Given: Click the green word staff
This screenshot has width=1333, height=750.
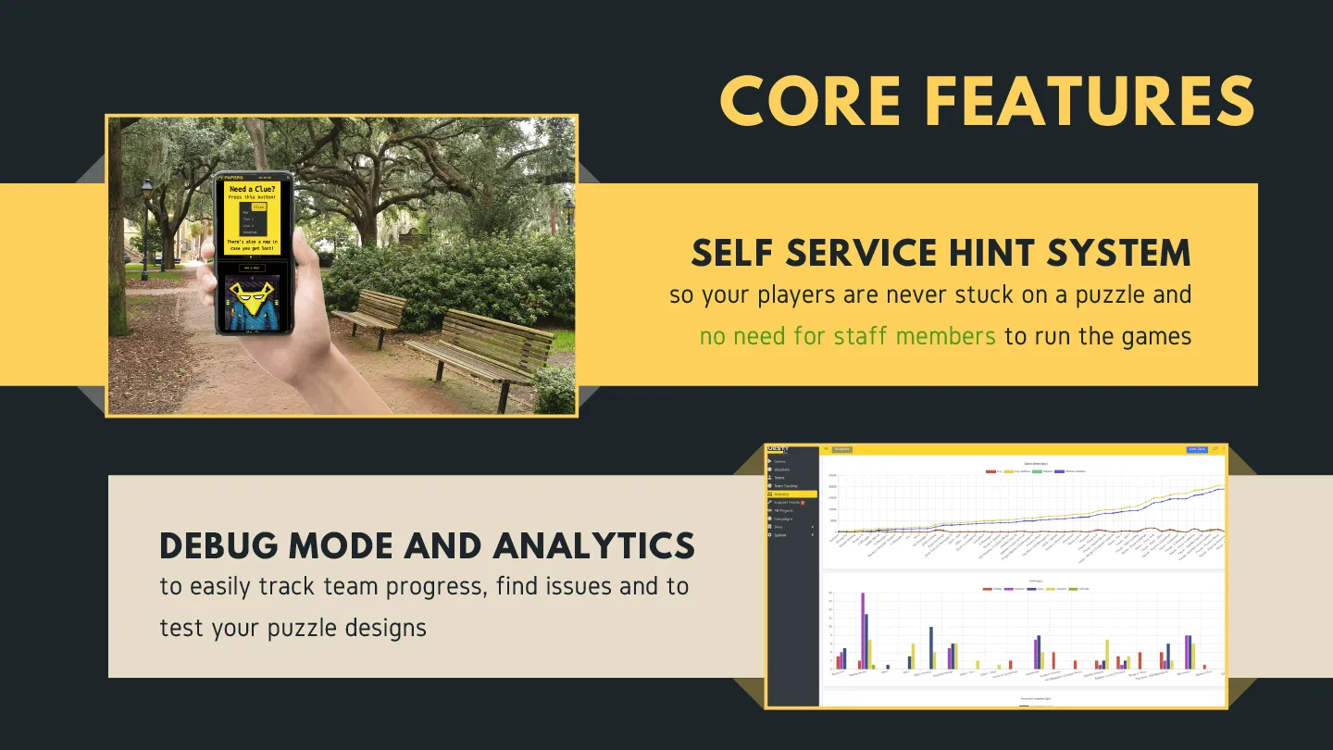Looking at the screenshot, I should tap(867, 335).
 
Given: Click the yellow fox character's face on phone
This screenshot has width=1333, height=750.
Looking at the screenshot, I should tap(247, 295).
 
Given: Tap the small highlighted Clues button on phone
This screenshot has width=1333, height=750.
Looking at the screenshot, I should tap(258, 207).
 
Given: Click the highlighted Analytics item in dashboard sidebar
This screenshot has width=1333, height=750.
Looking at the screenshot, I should tap(791, 494).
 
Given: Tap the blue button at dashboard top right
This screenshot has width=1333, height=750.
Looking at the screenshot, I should tap(1197, 450).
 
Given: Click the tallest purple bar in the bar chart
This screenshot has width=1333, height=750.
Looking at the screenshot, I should tap(863, 630).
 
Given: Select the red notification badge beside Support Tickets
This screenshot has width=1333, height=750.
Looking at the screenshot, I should tap(803, 503).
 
